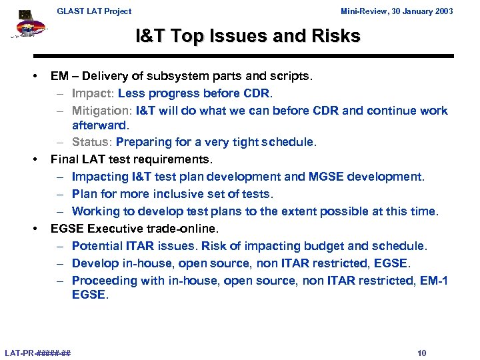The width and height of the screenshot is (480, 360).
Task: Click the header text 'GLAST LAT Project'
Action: (94, 11)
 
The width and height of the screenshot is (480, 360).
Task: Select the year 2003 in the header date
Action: (443, 11)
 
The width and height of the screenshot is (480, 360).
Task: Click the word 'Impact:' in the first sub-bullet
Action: (93, 93)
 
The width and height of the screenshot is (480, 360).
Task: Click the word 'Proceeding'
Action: (102, 281)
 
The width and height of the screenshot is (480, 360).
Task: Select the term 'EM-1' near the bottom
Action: (434, 281)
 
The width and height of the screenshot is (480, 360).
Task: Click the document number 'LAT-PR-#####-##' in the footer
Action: (38, 353)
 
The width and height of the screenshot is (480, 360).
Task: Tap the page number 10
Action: (421, 353)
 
